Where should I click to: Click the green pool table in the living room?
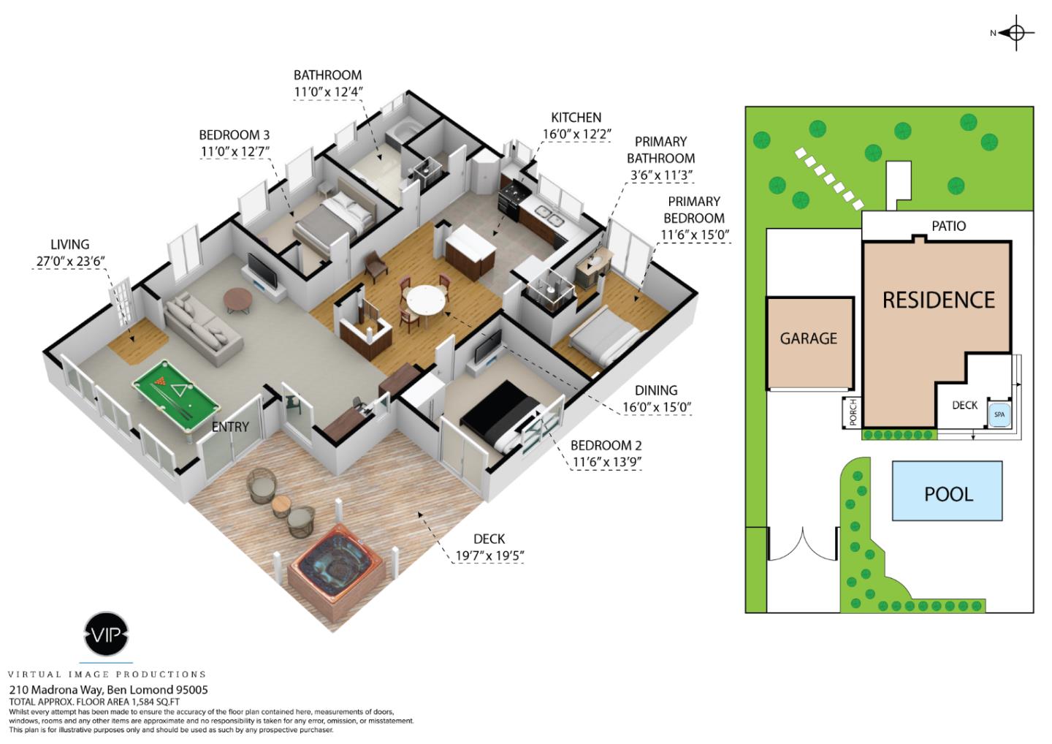click(x=175, y=397)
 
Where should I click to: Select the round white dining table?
click(x=425, y=300)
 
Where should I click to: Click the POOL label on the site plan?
click(x=948, y=494)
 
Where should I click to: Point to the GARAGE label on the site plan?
click(x=808, y=338)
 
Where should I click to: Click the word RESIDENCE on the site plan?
click(x=938, y=300)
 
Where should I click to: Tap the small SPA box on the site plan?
click(x=999, y=414)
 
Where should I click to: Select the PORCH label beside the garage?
click(x=851, y=412)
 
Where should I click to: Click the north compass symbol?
click(x=1015, y=33)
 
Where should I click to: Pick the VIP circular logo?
click(x=107, y=634)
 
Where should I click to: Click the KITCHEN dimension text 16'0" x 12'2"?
click(x=576, y=134)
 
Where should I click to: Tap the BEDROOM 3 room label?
click(x=234, y=135)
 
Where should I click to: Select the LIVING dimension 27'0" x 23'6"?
click(x=69, y=262)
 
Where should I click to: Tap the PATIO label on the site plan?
click(x=948, y=227)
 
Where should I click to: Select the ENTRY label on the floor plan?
click(x=230, y=427)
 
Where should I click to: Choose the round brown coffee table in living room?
click(x=238, y=299)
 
